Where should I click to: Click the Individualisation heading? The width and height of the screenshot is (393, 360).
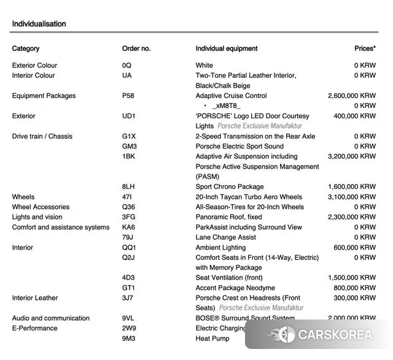pos(39,24)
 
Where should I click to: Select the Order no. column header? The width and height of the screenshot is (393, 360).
pos(136,48)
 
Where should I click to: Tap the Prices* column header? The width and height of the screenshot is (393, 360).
pos(365,48)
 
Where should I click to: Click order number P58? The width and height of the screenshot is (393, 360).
pos(128,96)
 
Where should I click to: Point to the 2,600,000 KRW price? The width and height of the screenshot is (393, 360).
pos(352,96)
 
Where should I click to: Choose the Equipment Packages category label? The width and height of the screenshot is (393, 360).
pos(44,96)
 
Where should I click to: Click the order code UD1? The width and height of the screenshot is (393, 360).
pos(129,116)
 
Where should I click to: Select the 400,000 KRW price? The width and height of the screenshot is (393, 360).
pos(354,116)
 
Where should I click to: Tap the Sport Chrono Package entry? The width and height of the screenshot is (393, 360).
pos(230,186)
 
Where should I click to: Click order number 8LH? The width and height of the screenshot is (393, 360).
pos(128,186)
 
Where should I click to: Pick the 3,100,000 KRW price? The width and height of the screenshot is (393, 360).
pos(352,197)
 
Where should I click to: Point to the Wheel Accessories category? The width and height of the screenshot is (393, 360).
pos(41,207)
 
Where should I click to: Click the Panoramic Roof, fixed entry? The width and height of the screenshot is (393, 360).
pos(228,217)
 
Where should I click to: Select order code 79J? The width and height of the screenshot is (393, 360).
pos(128,237)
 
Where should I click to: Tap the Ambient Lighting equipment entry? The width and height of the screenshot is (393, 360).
pos(221,247)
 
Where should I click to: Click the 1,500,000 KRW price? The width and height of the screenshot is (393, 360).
pos(352,278)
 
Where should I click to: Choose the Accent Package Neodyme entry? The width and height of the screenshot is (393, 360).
pos(235,288)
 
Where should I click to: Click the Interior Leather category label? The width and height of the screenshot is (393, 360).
pos(35,298)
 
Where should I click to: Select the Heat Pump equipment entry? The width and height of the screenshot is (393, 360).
pos(212,339)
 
